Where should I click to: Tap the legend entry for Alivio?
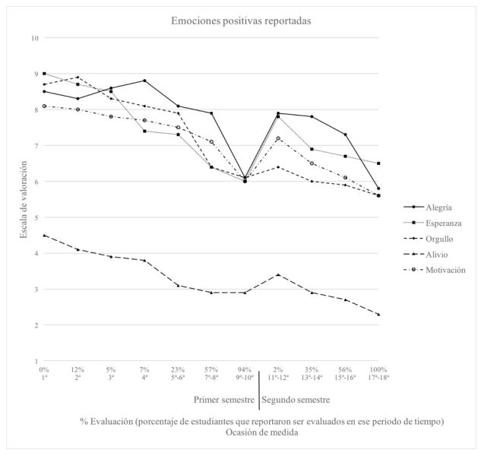click(x=438, y=254)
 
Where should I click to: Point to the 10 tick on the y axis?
click(x=34, y=38)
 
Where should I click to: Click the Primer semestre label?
click(x=224, y=399)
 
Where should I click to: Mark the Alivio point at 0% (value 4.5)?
click(x=44, y=235)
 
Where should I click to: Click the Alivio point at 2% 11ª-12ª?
click(x=278, y=274)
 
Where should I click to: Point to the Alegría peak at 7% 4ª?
click(x=144, y=81)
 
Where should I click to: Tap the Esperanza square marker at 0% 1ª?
click(x=44, y=74)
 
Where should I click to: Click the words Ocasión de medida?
click(x=262, y=432)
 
